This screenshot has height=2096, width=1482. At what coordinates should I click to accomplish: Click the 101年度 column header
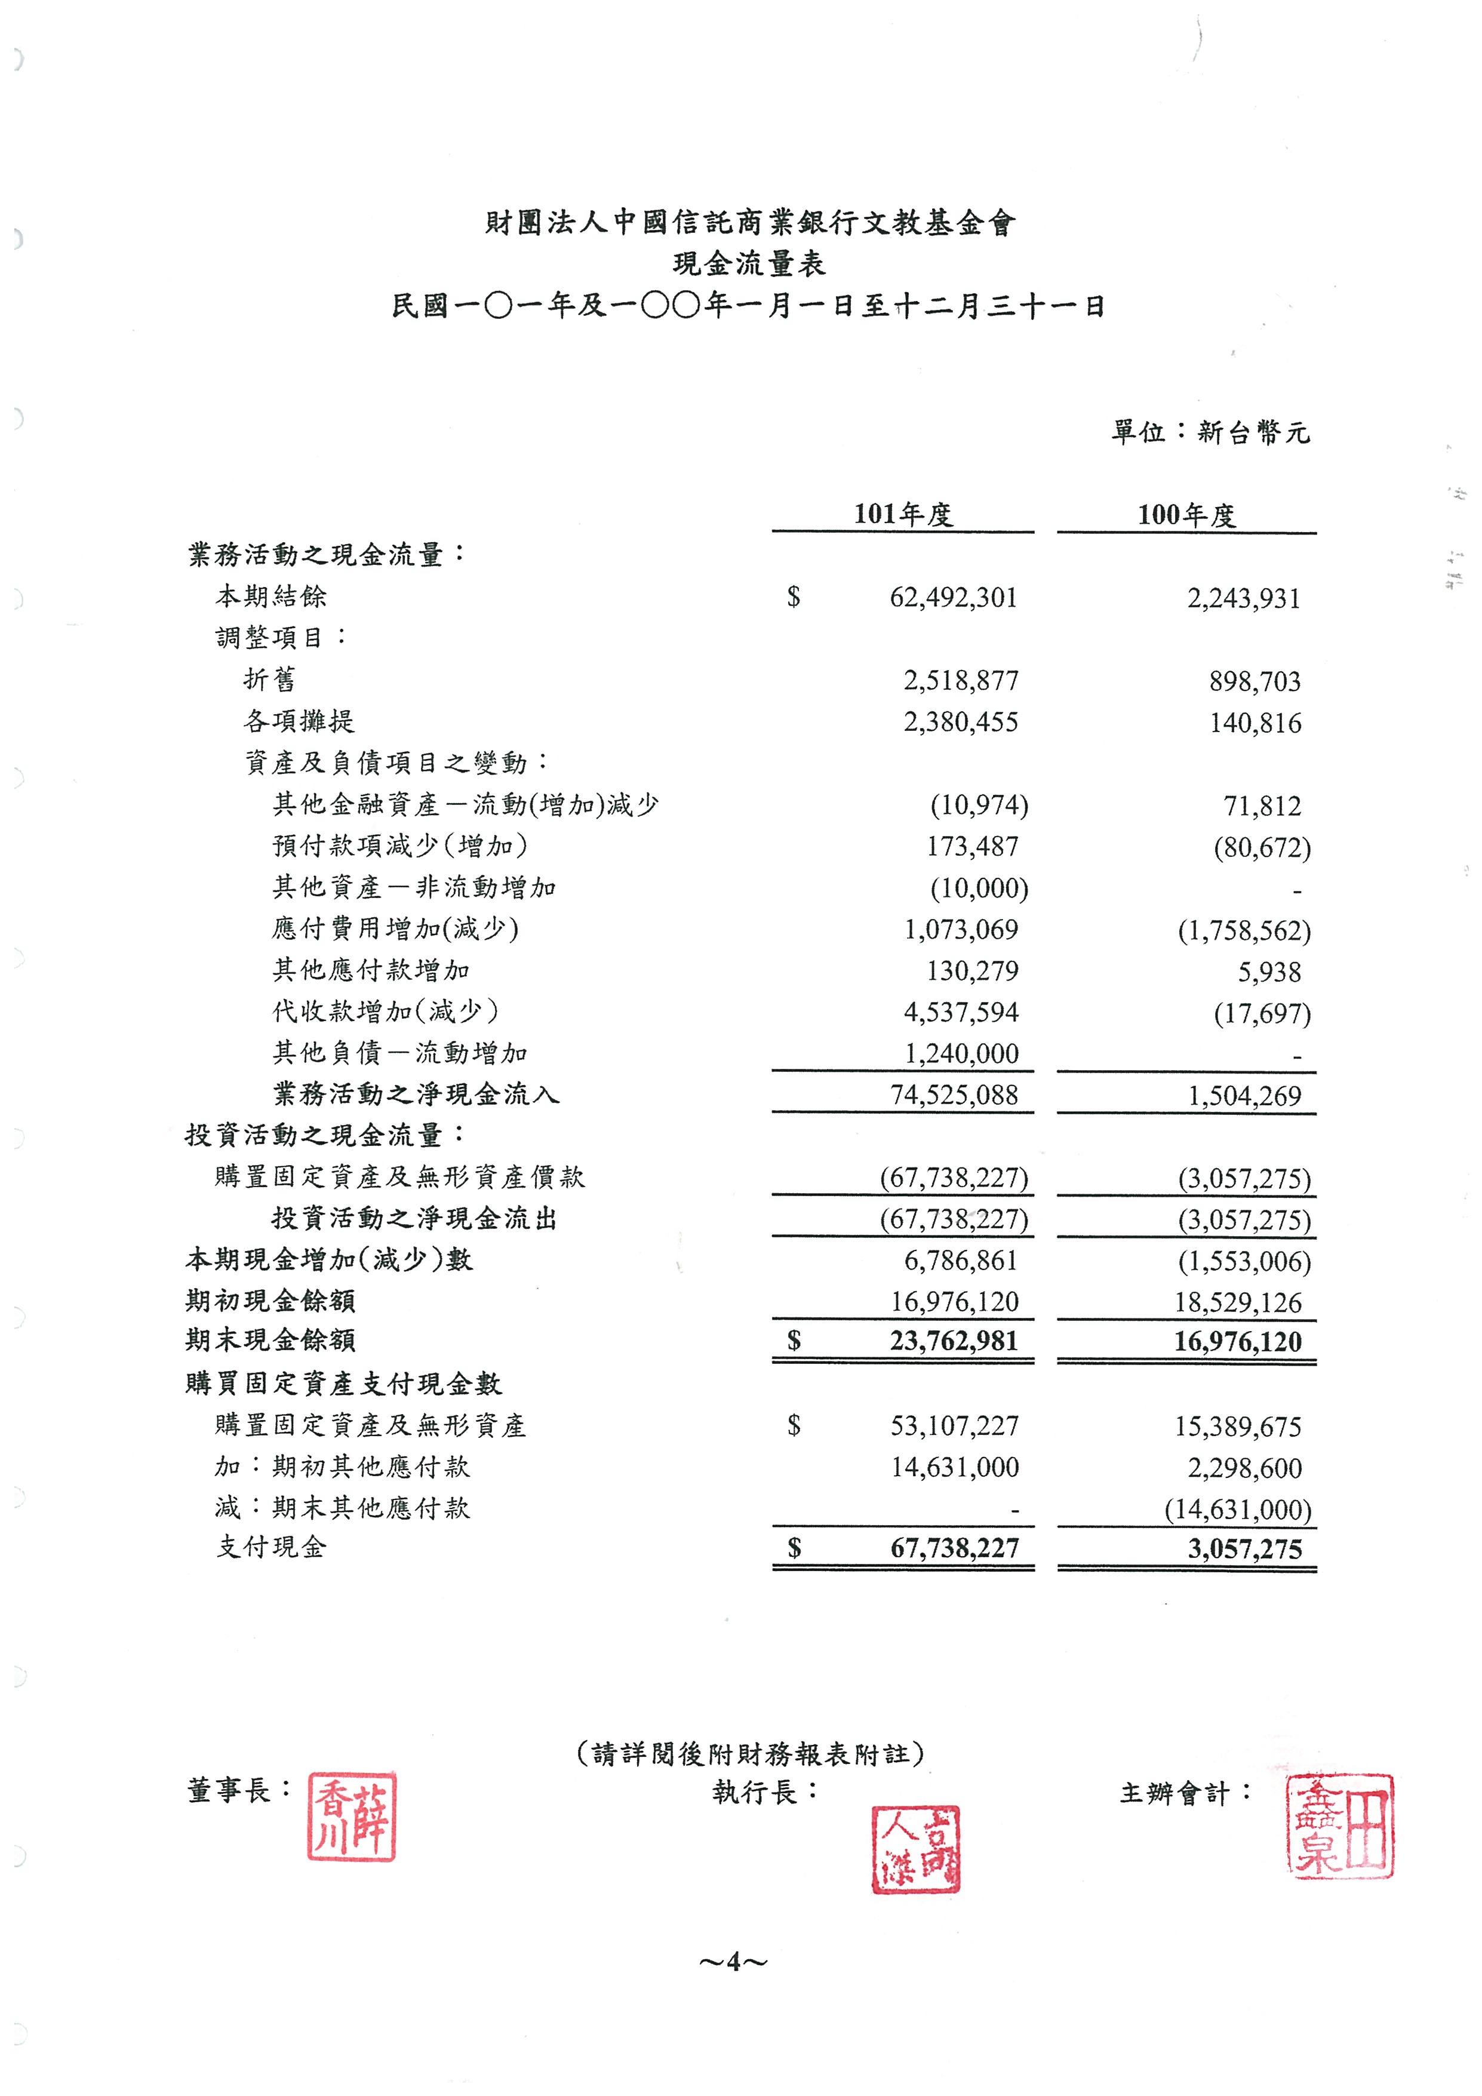tap(903, 514)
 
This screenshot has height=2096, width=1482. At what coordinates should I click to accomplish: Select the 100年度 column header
tap(1186, 515)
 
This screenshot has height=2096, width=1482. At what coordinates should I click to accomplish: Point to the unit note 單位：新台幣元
tap(1210, 432)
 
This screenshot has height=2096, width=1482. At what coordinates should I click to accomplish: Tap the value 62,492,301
tap(953, 598)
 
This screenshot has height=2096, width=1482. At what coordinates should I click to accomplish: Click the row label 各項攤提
tap(299, 721)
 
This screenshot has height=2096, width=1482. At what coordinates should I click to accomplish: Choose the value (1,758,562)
tap(1244, 930)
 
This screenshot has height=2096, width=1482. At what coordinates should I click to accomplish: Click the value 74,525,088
tap(954, 1095)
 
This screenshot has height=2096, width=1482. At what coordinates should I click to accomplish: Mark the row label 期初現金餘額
tap(270, 1300)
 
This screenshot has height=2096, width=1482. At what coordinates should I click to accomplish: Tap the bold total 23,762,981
tap(954, 1341)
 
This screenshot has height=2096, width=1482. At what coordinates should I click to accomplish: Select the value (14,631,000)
tap(1237, 1509)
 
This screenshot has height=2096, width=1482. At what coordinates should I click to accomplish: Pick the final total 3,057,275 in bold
tap(1245, 1549)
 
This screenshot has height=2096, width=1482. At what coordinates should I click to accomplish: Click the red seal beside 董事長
tap(352, 1817)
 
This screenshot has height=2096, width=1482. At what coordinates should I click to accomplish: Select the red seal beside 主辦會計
tap(1340, 1825)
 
